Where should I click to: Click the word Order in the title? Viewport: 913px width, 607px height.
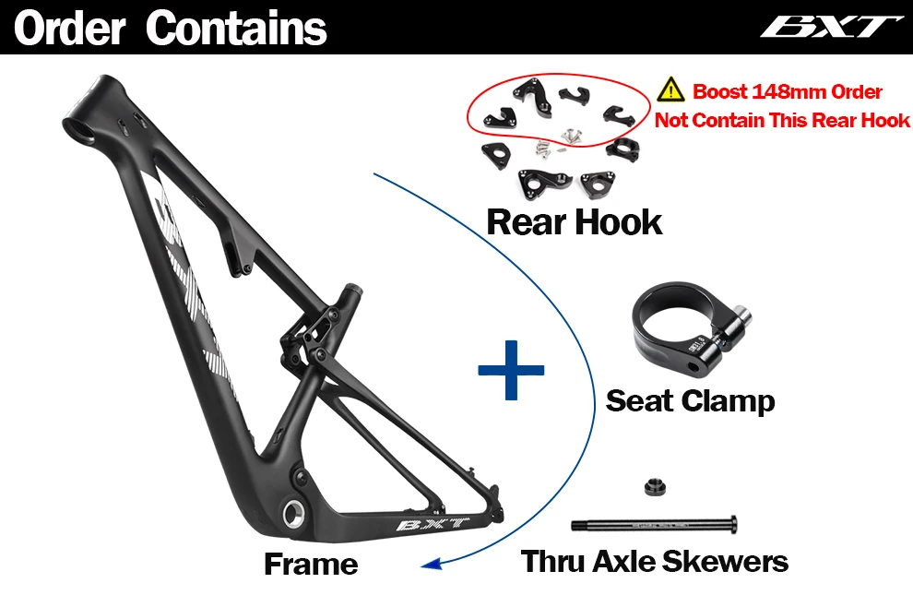click(70, 29)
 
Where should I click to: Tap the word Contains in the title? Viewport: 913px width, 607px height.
click(237, 29)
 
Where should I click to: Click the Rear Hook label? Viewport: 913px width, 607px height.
click(575, 221)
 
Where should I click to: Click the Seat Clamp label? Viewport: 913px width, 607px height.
click(690, 400)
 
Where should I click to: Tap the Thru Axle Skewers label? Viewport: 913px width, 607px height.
click(655, 561)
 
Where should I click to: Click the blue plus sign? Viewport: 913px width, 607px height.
click(511, 368)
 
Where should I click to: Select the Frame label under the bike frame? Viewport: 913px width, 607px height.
click(311, 563)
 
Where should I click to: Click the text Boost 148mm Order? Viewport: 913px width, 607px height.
click(788, 92)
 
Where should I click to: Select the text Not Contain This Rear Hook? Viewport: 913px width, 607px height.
click(782, 120)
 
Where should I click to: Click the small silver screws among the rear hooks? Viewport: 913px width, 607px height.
click(555, 138)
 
